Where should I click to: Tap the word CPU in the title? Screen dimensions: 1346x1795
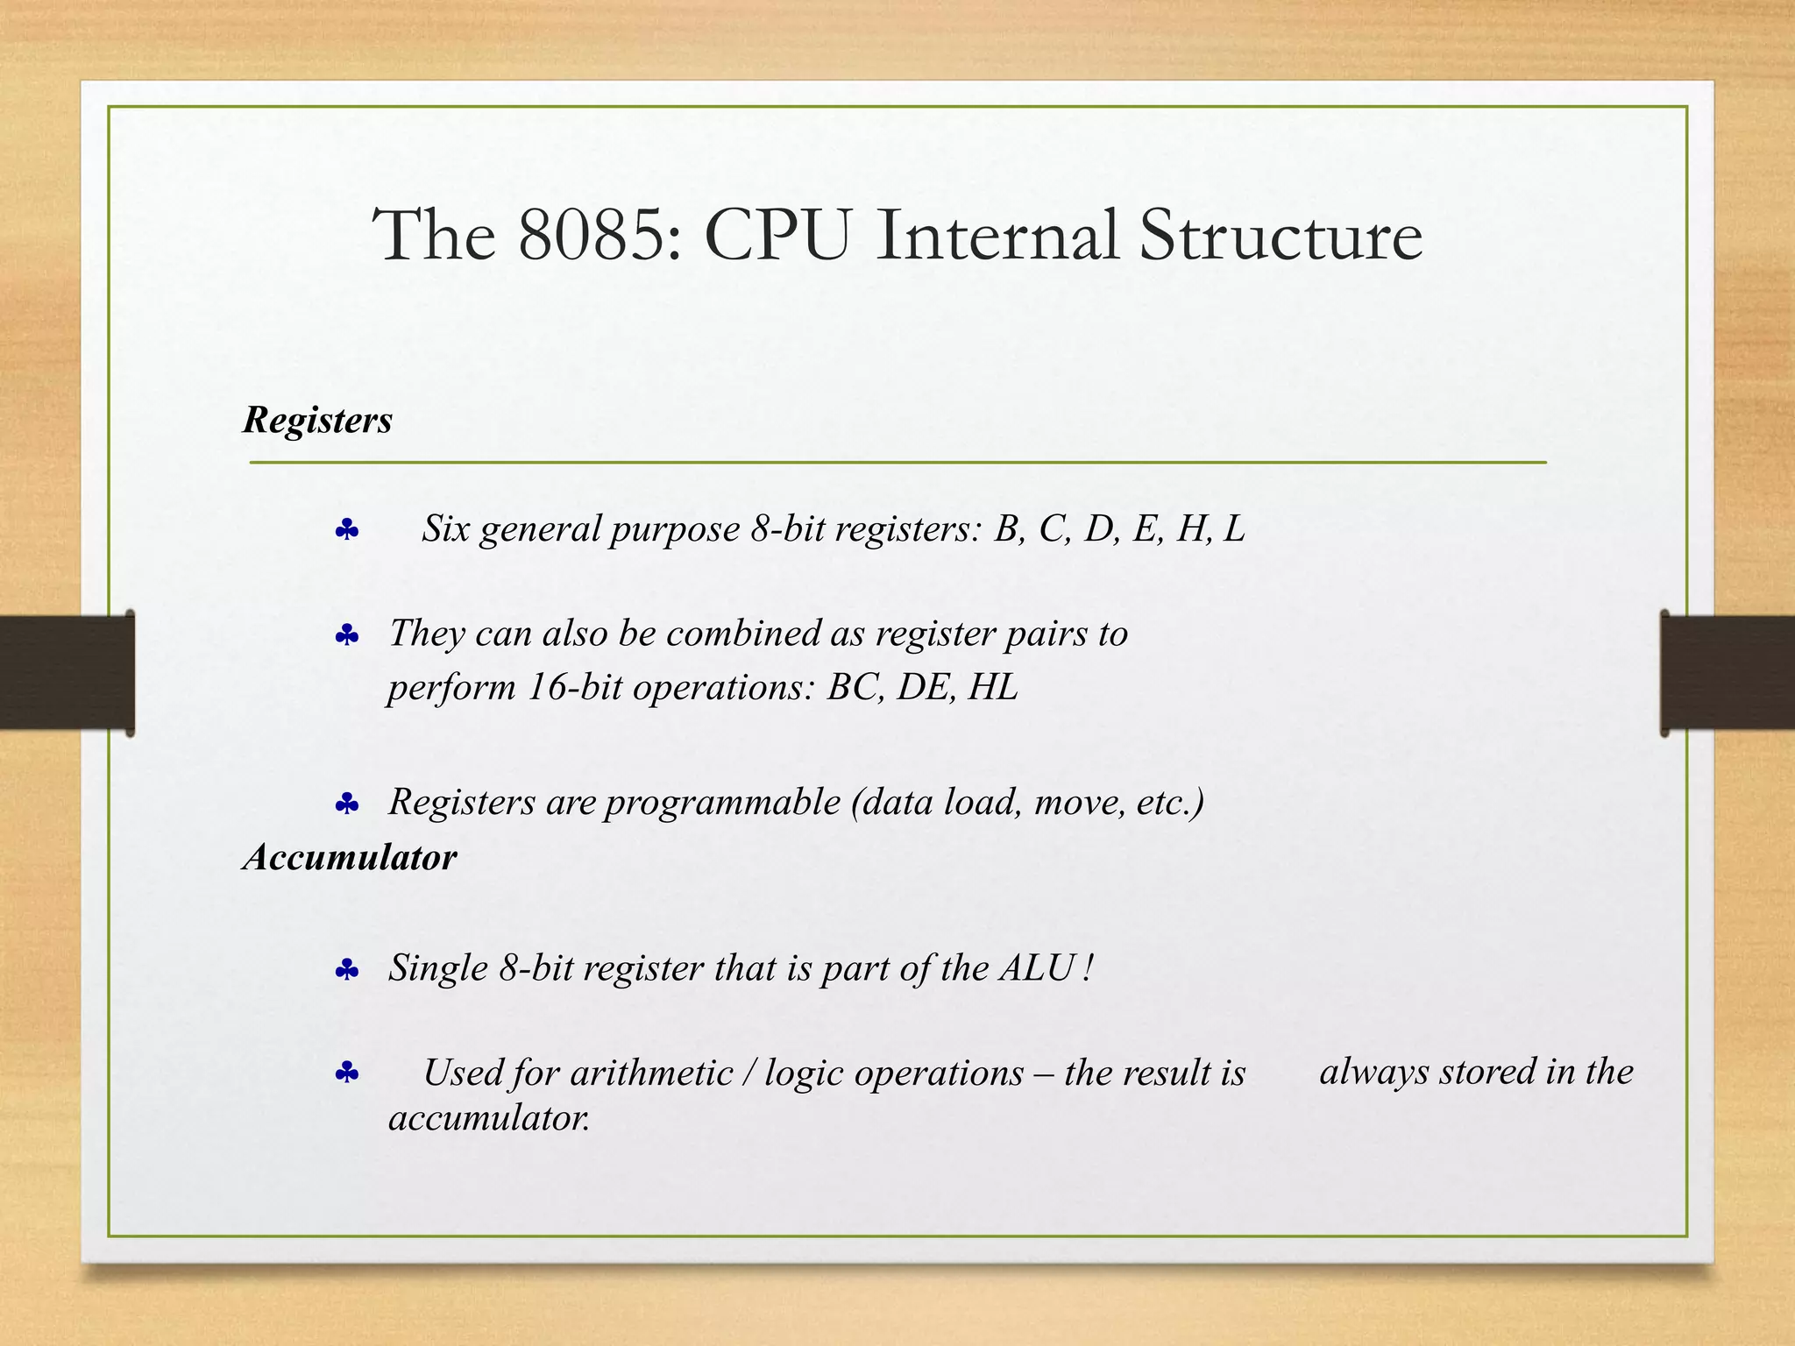[x=777, y=236]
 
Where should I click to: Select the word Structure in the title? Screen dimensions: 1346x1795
[x=1281, y=236]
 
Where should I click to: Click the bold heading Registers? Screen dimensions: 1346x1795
[x=317, y=421]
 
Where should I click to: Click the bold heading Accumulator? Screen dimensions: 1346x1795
[x=350, y=857]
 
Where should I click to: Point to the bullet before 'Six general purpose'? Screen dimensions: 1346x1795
[x=347, y=530]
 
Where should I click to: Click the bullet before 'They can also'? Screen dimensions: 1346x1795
[x=347, y=635]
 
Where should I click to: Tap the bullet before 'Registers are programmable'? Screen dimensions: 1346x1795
[x=347, y=804]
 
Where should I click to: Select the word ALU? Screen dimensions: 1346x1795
[x=1037, y=968]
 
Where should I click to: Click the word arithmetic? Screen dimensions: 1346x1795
[x=651, y=1073]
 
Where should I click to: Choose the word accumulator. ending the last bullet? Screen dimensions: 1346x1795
[x=489, y=1119]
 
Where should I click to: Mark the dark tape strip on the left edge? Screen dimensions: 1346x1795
[x=67, y=672]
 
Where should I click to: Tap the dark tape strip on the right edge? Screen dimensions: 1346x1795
[x=1728, y=672]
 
